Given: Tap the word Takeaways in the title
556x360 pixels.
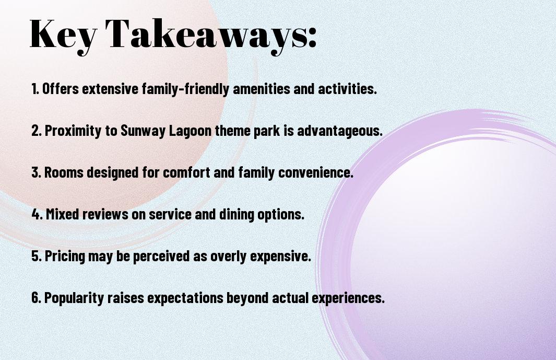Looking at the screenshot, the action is (x=206, y=35).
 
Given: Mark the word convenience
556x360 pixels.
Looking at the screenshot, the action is (x=315, y=172).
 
